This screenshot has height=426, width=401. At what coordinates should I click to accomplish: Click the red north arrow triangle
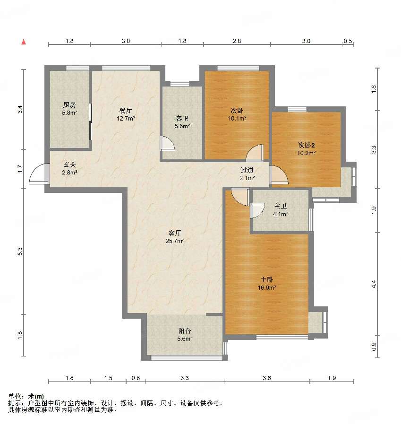coord(24,42)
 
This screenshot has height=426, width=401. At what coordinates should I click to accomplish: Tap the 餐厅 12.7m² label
coord(126,114)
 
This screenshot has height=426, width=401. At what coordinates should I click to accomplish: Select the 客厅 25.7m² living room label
coord(175,236)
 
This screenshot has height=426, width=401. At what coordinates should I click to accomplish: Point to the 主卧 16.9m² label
coord(267,283)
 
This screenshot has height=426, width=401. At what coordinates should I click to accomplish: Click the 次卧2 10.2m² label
coord(307,149)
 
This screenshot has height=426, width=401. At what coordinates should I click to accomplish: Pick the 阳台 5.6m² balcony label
coord(185,335)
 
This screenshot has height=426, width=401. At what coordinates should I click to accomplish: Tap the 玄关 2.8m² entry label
coord(70,168)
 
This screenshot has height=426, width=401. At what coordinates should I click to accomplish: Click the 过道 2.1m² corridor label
coord(247,174)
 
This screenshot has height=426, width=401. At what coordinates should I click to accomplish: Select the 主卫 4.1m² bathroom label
coord(280,210)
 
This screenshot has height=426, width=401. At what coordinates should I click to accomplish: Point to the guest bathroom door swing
coord(167,143)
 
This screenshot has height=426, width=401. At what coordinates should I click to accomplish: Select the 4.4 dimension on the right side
coord(374,284)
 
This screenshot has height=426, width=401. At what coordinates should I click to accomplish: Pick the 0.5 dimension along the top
coord(348,41)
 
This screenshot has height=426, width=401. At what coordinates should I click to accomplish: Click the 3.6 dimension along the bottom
coord(267,378)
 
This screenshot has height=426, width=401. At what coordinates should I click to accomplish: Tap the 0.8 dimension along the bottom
coord(136,378)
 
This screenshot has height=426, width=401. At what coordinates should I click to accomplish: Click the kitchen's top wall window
coord(78,68)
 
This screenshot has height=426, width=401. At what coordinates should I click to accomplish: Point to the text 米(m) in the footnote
coord(36,397)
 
